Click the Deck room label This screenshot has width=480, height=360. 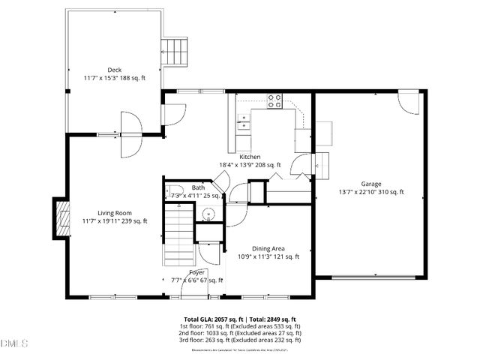tap(114, 70)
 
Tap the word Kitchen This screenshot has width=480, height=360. tap(250, 157)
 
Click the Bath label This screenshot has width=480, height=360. tap(198, 188)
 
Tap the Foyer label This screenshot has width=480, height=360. tap(196, 271)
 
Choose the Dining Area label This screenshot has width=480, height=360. tap(268, 248)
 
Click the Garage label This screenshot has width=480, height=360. tap(370, 184)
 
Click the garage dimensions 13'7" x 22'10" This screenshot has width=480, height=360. tap(370, 192)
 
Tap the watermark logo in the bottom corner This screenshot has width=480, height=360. tap(14, 343)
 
